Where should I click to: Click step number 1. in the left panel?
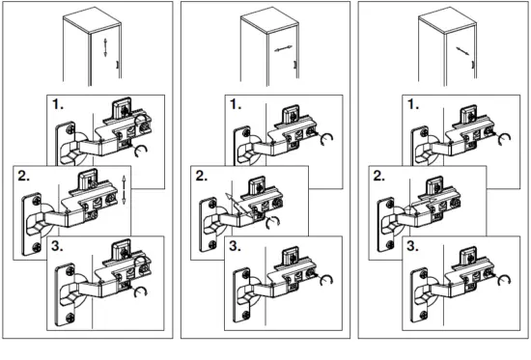point(60,103)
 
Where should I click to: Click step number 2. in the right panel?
point(380,176)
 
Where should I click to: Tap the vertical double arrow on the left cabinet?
point(104,47)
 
